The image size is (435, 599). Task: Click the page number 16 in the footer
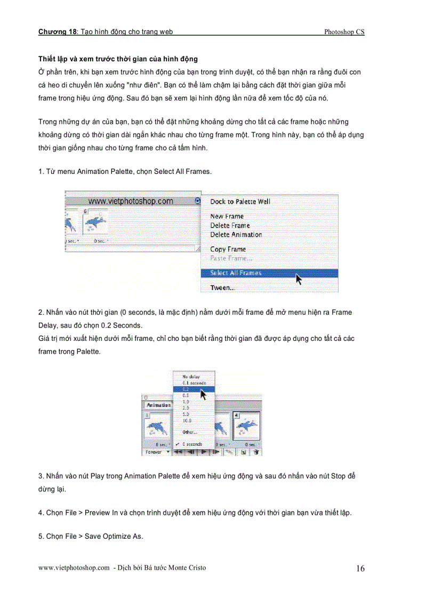point(360,569)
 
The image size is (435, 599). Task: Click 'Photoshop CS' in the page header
point(344,32)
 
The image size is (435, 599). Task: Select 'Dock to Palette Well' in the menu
point(240,202)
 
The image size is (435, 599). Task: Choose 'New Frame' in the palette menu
point(227,217)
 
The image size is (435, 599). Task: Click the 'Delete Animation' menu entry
point(236,235)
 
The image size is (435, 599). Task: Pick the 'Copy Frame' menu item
point(228,249)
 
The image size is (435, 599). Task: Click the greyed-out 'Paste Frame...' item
point(231,258)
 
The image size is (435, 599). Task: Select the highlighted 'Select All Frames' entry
point(236,273)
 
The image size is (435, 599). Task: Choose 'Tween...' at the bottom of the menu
point(222,287)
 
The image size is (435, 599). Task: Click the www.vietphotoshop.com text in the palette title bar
point(130,201)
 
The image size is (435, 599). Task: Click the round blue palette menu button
point(198,201)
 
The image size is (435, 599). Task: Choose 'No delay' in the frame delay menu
point(190,377)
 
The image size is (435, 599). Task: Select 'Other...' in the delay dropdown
point(189,432)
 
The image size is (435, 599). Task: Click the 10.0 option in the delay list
point(187,420)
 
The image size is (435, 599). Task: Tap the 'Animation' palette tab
point(158,405)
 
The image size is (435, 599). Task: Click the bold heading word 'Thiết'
point(47,59)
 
